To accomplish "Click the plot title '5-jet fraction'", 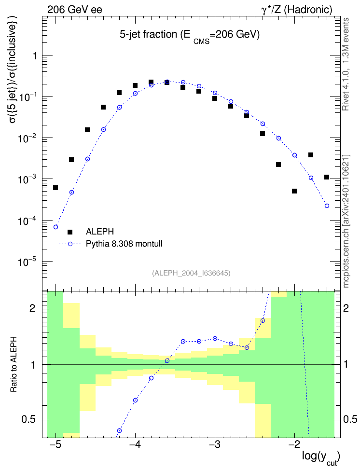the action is tap(149, 34).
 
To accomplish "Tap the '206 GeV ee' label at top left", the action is tap(74, 10).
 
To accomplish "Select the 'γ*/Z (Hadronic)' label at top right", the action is tap(297, 10).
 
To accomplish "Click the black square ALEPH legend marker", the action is tap(70, 232).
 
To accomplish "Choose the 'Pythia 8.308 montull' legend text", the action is tap(124, 244).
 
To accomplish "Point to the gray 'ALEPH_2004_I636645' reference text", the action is tap(191, 273).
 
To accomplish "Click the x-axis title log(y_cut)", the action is tap(321, 457).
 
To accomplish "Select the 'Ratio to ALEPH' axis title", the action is tap(14, 364).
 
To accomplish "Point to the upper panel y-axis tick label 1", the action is tap(35, 55).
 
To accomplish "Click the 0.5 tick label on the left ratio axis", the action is tap(29, 419).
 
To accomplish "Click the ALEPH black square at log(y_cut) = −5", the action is tap(55, 188).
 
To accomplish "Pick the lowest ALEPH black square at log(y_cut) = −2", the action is tap(294, 191).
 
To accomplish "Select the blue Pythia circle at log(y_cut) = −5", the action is tap(55, 227).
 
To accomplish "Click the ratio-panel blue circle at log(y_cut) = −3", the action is tap(215, 338).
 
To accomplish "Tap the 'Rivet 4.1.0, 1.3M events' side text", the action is tap(346, 64).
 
